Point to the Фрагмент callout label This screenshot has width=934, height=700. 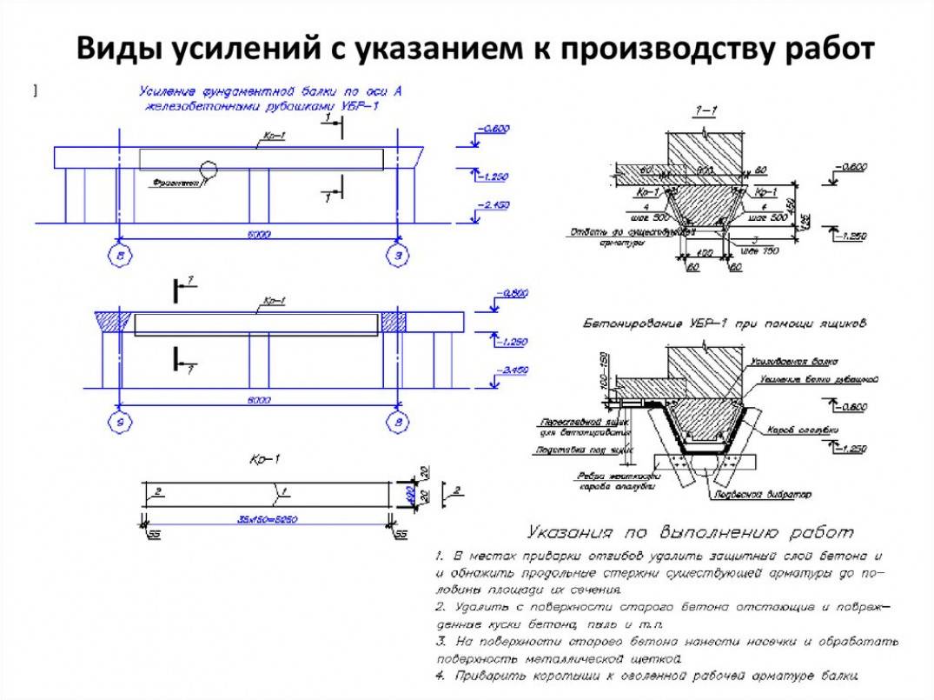pyautogui.click(x=172, y=183)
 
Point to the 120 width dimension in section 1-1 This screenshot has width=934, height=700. pyautogui.click(x=704, y=251)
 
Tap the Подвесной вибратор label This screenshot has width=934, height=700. pyautogui.click(x=772, y=494)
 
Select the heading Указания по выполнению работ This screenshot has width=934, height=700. pyautogui.click(x=690, y=532)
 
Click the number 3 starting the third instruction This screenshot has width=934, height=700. pyautogui.click(x=441, y=641)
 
